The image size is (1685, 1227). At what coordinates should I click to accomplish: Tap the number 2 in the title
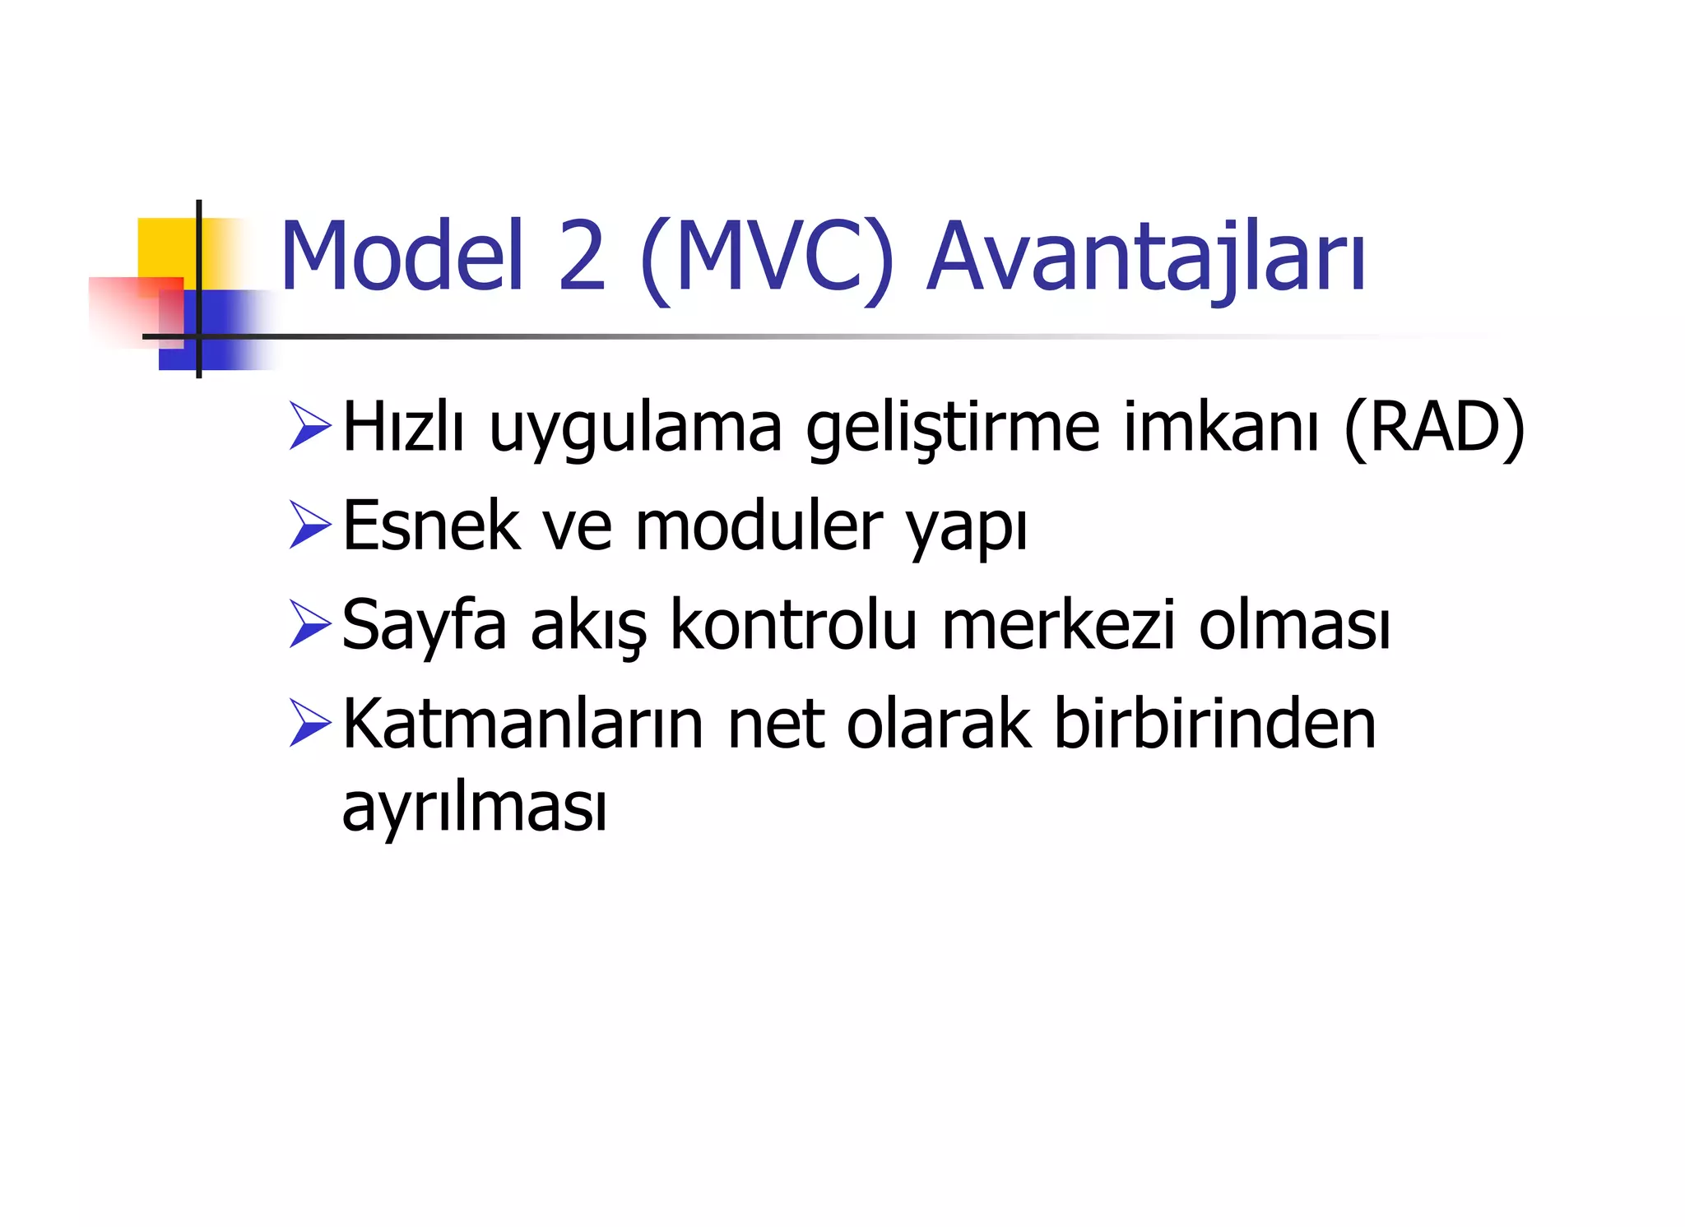tap(582, 257)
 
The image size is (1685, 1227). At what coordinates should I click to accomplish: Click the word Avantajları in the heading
tap(1146, 257)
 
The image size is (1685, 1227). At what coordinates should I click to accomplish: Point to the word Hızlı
tap(403, 428)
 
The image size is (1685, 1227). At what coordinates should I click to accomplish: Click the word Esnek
tap(430, 526)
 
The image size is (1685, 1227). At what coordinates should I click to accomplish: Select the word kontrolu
tap(793, 625)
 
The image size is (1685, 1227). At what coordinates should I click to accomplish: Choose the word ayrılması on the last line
tap(475, 808)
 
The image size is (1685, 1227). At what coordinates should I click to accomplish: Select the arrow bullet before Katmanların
tap(310, 724)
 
